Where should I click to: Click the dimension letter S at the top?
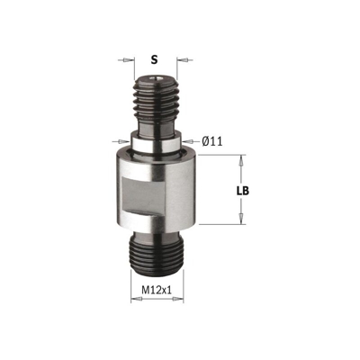pos(154,60)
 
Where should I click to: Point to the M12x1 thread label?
pos(157,290)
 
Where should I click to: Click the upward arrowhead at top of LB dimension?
pos(241,157)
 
